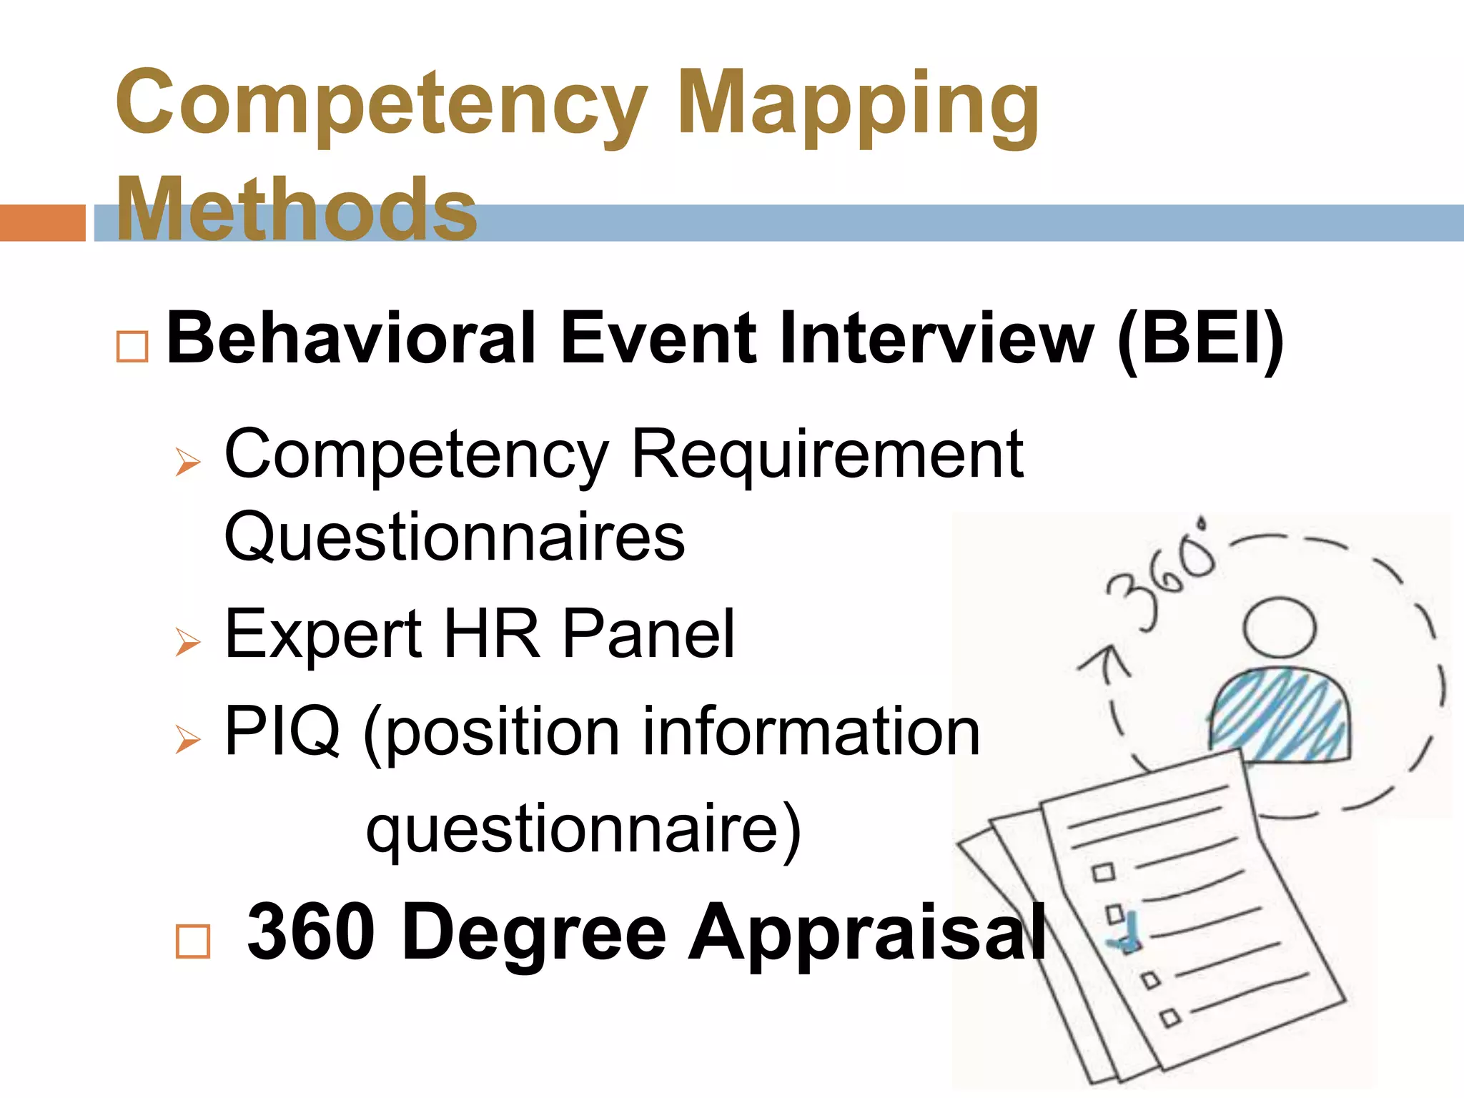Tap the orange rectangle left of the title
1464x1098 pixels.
coord(42,222)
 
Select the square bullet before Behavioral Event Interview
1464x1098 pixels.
coord(132,347)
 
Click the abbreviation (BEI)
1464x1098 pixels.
coord(1201,338)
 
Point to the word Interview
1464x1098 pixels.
coord(936,338)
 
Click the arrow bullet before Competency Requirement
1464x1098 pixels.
coord(188,463)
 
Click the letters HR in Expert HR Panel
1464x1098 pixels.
coord(493,633)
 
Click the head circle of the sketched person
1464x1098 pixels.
coord(1279,627)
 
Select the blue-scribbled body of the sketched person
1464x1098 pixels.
coord(1280,715)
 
